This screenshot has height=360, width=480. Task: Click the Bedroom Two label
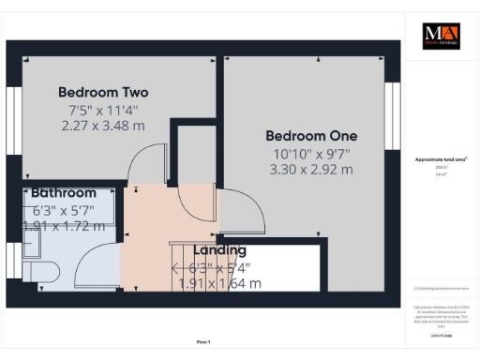point(103,92)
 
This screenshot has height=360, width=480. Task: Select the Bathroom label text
point(64,192)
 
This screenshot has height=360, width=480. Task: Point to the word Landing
point(219,250)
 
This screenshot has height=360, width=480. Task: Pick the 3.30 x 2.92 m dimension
point(311,170)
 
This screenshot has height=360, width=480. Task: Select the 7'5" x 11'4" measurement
point(103,110)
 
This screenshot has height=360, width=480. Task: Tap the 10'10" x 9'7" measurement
point(311,153)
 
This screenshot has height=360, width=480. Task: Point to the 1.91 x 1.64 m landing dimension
point(219,283)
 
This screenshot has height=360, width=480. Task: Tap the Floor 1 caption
point(202,343)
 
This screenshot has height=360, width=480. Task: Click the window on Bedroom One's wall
point(391,108)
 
